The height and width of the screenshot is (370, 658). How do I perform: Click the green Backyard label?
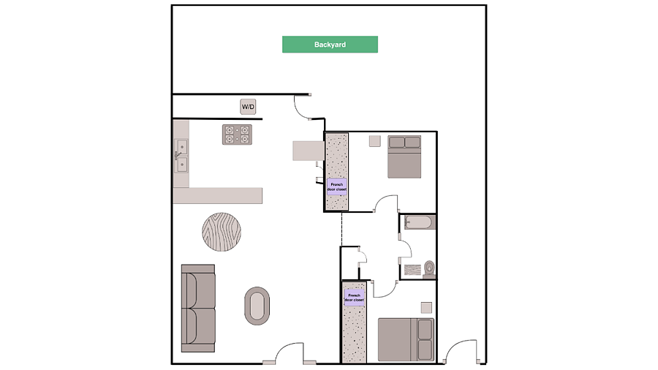tap(330, 45)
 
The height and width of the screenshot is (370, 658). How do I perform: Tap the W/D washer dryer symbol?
tap(248, 107)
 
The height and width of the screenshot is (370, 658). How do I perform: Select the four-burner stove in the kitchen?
tap(237, 135)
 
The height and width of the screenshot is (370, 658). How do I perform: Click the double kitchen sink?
tap(181, 156)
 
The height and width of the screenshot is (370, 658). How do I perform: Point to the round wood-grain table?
tap(222, 232)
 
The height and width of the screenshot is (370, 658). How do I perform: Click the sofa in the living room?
tap(198, 308)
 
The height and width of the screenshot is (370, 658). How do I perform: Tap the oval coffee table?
tap(257, 306)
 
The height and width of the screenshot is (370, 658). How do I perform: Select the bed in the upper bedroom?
tap(404, 156)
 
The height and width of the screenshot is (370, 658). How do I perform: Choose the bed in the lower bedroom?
tap(406, 339)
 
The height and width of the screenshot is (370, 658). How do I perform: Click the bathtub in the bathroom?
tap(420, 222)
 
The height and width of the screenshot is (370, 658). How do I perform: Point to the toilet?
tap(429, 269)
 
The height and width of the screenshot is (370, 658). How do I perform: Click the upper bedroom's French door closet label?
tap(337, 186)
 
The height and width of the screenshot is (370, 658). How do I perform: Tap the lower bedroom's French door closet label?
tap(354, 298)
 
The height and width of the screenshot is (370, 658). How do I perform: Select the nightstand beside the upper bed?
tap(375, 141)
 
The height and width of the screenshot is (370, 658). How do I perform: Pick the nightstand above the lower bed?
tap(426, 308)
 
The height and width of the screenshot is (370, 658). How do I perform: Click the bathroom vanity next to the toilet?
tap(412, 270)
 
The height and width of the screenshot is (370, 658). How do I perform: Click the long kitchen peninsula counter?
tap(218, 195)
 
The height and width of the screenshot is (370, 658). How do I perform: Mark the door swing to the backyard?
tap(303, 108)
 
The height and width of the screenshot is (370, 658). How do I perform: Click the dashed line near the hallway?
tap(341, 230)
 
